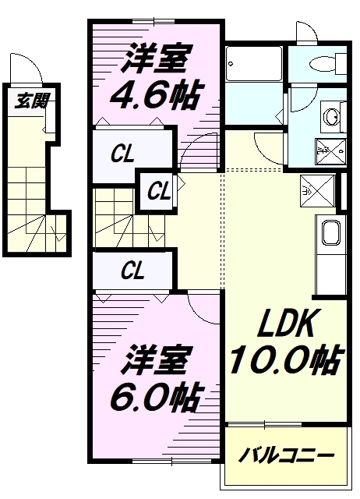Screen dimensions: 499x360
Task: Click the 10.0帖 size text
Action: click(x=285, y=358)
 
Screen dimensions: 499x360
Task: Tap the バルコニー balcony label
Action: click(x=286, y=455)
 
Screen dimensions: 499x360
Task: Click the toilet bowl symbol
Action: click(x=320, y=63)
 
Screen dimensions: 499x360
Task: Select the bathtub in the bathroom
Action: click(x=254, y=64)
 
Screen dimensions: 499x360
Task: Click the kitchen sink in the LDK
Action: click(x=329, y=234)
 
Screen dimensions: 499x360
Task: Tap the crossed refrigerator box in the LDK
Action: click(x=319, y=189)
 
